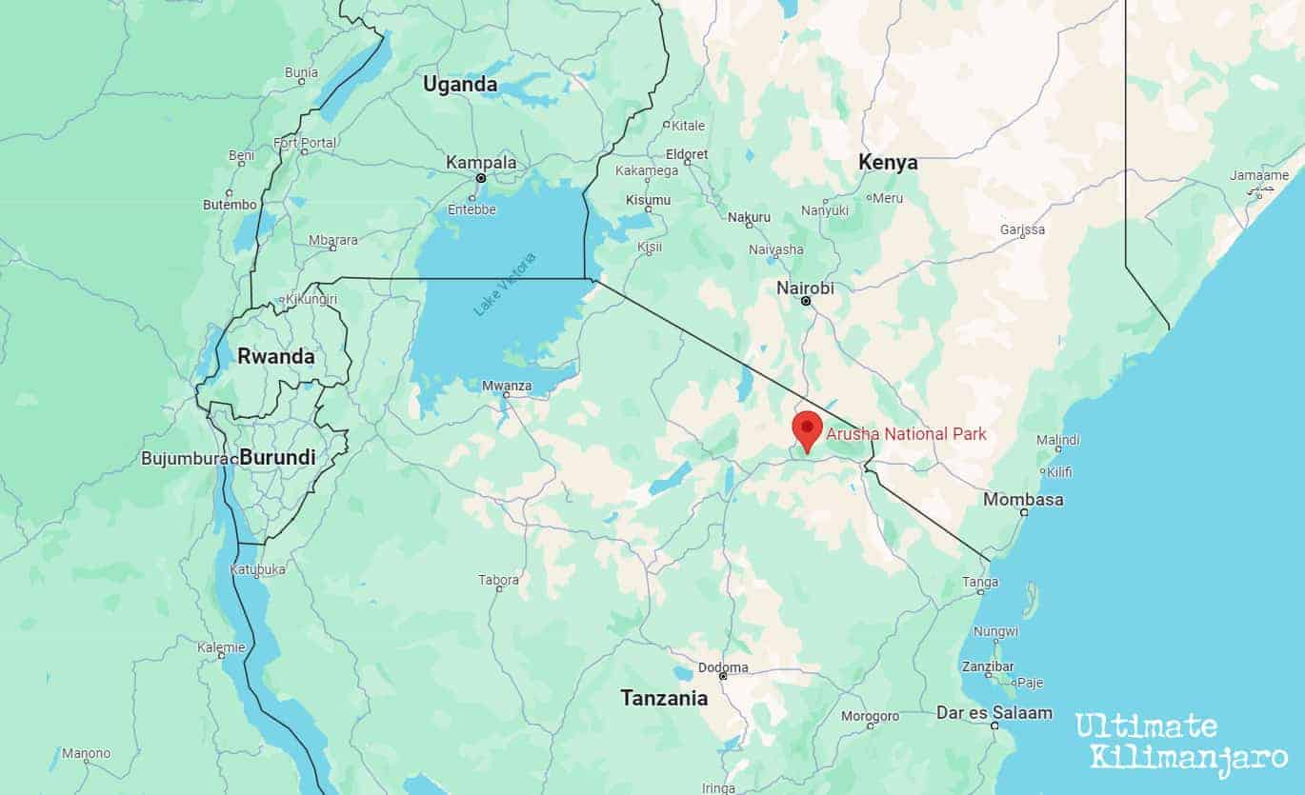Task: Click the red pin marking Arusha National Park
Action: pos(807,429)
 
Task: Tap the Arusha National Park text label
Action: pos(906,434)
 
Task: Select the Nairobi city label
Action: pos(805,287)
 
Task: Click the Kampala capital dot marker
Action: pos(481,177)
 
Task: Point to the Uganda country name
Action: pos(460,85)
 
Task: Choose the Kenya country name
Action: pos(888,163)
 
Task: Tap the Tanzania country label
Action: pos(664,698)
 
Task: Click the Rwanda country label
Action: pos(275,356)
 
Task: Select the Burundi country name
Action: pos(277,457)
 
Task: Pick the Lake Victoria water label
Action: pos(505,284)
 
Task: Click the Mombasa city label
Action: pos(1023,499)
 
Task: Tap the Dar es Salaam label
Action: pos(994,712)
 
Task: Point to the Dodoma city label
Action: pos(723,667)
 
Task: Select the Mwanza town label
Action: pos(507,387)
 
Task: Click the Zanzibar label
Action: pos(988,666)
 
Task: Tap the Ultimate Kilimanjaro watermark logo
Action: pos(1181,741)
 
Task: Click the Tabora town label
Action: pos(499,579)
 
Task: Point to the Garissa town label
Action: pos(1022,229)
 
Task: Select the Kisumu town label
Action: pos(648,200)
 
